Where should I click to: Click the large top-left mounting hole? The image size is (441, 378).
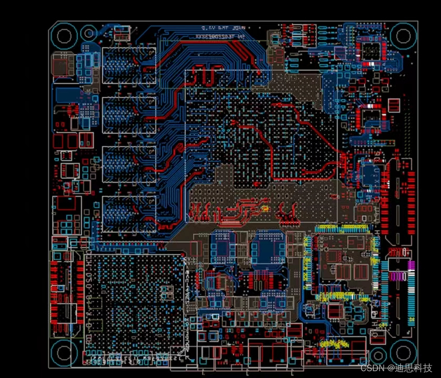tap(64, 36)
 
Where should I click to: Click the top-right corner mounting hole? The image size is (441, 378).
tap(403, 36)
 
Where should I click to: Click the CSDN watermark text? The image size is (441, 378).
tap(396, 367)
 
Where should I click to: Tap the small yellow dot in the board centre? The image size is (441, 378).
tap(265, 209)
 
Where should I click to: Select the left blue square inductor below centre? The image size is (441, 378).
tap(223, 247)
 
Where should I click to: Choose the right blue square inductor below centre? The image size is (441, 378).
tap(267, 247)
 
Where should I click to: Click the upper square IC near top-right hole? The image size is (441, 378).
tap(371, 50)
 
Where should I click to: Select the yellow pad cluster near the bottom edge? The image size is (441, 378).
tap(335, 344)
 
